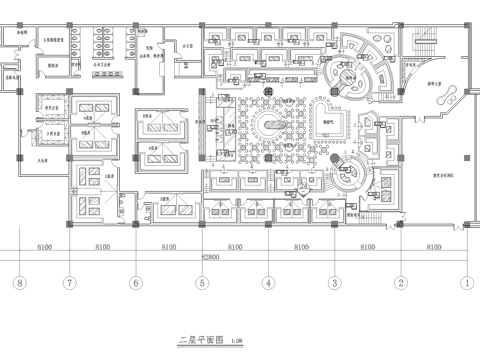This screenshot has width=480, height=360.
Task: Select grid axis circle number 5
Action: click(202, 283)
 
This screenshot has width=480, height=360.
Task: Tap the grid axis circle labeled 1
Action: click(467, 283)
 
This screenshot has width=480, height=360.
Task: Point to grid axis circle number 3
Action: click(334, 283)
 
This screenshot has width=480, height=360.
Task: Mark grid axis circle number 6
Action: click(135, 283)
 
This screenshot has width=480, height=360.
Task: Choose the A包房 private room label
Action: click(88, 118)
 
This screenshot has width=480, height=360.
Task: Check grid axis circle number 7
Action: click(69, 283)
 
